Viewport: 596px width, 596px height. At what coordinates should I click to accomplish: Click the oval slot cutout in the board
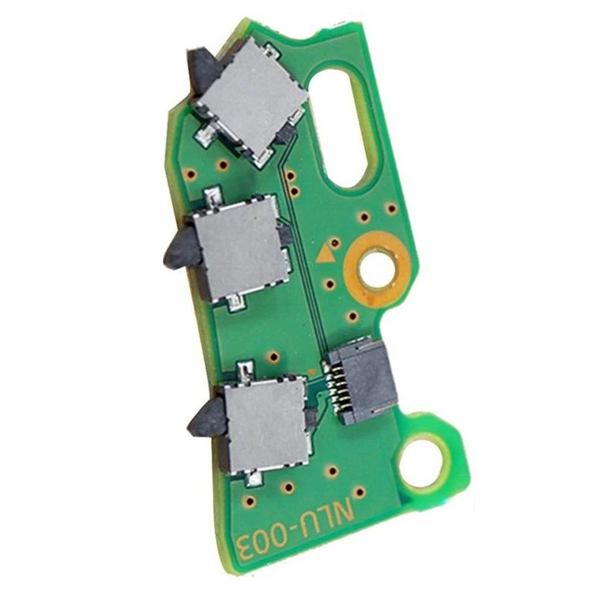coord(342,121)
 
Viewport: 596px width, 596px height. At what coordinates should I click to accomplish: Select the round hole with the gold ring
coord(376,272)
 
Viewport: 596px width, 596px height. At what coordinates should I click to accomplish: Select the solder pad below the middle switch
coord(234,303)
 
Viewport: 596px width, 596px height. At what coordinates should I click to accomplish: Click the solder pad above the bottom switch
coord(244,371)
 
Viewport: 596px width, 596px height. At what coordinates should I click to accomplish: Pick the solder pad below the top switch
coord(203,137)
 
